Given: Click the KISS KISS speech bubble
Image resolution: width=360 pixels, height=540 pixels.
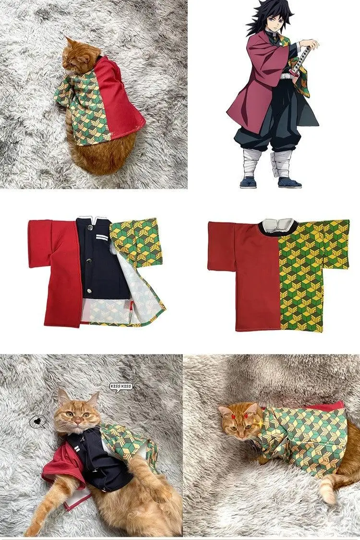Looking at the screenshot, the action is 120,387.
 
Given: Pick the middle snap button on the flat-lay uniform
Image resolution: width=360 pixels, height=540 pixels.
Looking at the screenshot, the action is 90,261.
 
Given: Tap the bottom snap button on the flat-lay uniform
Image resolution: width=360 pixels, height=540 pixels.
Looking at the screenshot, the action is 89,291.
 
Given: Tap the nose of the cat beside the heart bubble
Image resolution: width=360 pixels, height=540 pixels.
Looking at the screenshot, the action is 78,422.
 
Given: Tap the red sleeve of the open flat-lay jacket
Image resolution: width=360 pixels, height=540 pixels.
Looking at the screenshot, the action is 41,243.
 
